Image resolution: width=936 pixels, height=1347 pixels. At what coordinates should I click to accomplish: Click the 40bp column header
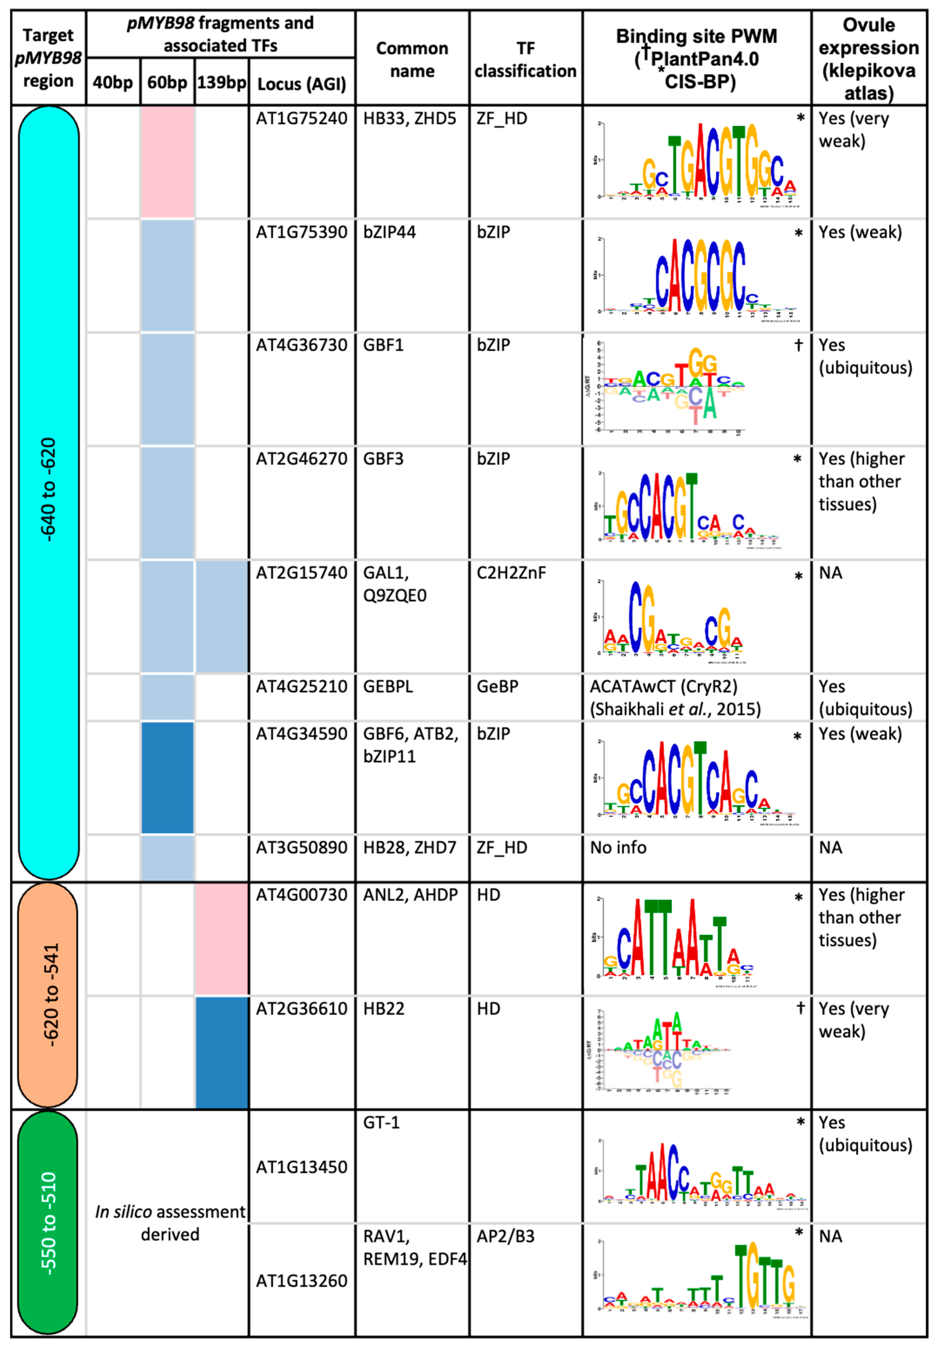(x=113, y=82)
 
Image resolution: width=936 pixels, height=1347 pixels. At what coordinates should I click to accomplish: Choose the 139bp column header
(x=222, y=82)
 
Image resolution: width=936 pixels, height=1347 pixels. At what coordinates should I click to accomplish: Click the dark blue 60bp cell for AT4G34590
(x=168, y=777)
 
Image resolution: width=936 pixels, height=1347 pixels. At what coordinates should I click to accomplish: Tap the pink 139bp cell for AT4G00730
(x=222, y=938)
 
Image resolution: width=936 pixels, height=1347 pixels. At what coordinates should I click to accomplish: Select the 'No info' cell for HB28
(x=618, y=848)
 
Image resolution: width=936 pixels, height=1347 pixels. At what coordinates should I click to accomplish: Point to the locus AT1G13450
(x=302, y=1167)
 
